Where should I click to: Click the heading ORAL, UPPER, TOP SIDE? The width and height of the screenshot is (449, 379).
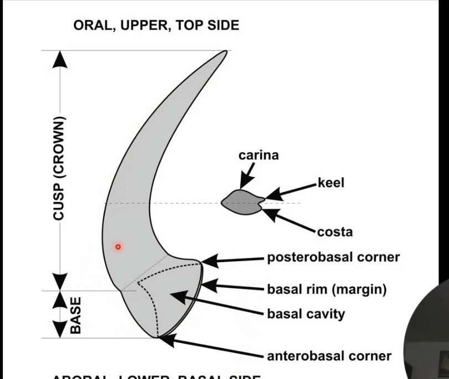point(156,25)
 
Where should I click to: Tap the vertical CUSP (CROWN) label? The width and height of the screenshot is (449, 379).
point(60,168)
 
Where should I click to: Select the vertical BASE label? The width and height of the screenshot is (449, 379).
point(76,315)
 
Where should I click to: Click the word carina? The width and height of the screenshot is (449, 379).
point(259,155)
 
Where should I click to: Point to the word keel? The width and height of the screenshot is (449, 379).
point(331,183)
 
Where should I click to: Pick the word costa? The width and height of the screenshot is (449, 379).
point(334,232)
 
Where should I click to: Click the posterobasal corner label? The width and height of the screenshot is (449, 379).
point(333,257)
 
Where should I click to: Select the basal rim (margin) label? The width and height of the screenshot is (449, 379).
point(327,289)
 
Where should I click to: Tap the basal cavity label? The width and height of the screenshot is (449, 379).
point(306,314)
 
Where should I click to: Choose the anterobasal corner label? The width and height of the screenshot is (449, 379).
point(329,356)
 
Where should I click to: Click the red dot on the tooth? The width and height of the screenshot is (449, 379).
point(117,247)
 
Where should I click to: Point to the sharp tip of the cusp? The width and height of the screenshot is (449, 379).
point(225,53)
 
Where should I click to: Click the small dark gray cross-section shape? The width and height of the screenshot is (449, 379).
point(241,202)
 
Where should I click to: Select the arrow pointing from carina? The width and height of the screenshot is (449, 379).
point(247,176)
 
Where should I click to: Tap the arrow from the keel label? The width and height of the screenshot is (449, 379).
point(290,189)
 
